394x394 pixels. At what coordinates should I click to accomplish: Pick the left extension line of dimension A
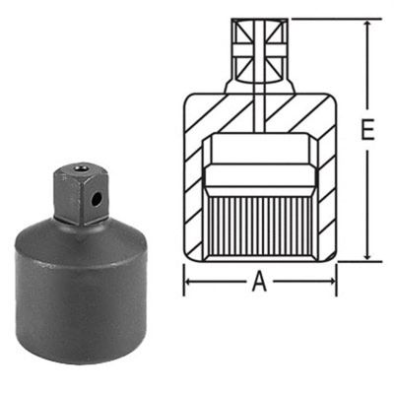pyautogui.click(x=186, y=276)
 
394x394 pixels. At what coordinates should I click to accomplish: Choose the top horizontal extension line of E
pyautogui.click(x=335, y=19)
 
